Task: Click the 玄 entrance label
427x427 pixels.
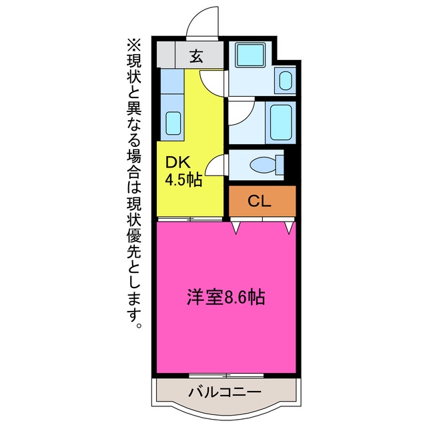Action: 196,57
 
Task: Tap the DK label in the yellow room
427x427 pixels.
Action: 178,163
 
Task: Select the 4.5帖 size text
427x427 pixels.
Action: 184,179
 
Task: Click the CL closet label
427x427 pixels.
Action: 260,201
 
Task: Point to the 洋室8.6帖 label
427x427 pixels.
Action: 226,297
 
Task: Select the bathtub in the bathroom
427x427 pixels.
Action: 281,123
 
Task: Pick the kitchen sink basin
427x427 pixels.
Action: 173,123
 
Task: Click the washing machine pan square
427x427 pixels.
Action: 250,55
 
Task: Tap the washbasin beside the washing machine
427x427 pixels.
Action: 286,81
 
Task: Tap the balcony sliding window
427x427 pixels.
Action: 226,376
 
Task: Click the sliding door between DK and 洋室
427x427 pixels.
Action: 190,219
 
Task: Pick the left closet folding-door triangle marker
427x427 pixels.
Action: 236,228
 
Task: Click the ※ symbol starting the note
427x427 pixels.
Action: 133,46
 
